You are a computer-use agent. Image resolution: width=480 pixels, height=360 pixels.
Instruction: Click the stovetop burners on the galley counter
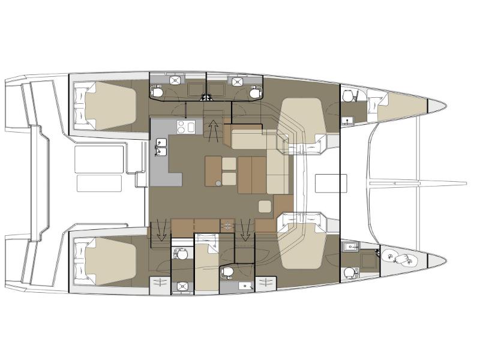[185, 126]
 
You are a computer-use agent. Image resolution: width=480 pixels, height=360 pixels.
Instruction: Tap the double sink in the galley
[161, 148]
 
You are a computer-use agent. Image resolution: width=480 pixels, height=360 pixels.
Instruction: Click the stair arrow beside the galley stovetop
[213, 128]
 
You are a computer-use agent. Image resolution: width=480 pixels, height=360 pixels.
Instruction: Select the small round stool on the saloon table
[220, 182]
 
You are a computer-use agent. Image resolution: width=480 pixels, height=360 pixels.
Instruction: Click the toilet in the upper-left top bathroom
[157, 92]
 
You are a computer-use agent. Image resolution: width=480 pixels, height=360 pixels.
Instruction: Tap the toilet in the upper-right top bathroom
[255, 92]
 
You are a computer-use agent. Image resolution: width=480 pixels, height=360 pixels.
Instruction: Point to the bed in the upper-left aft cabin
[111, 106]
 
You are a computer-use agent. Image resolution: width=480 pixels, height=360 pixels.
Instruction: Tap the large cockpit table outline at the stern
[99, 161]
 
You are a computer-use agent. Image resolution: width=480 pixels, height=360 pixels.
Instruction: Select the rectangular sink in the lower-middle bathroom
[244, 286]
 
